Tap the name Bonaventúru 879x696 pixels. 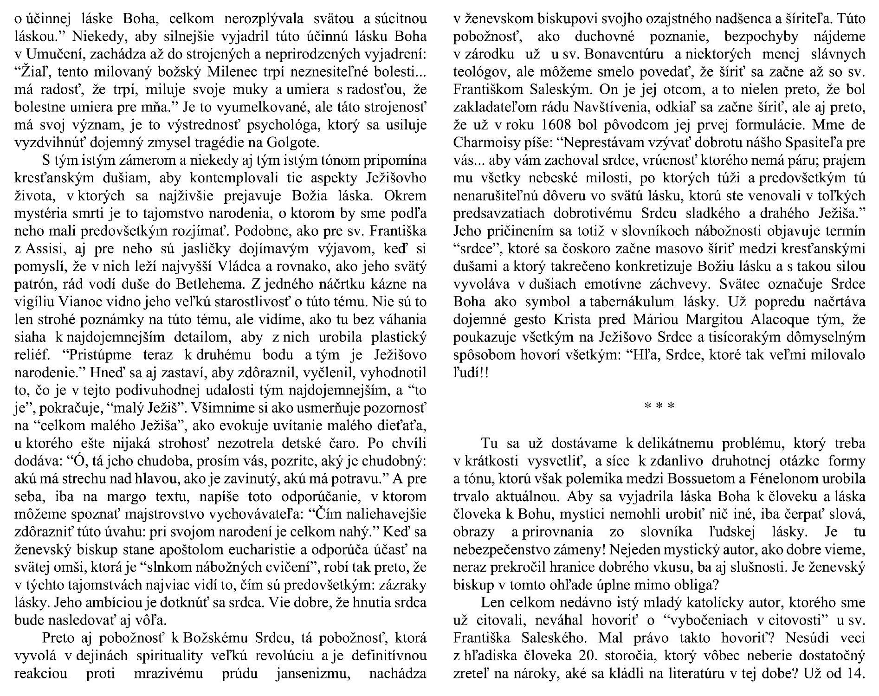tap(622, 53)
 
